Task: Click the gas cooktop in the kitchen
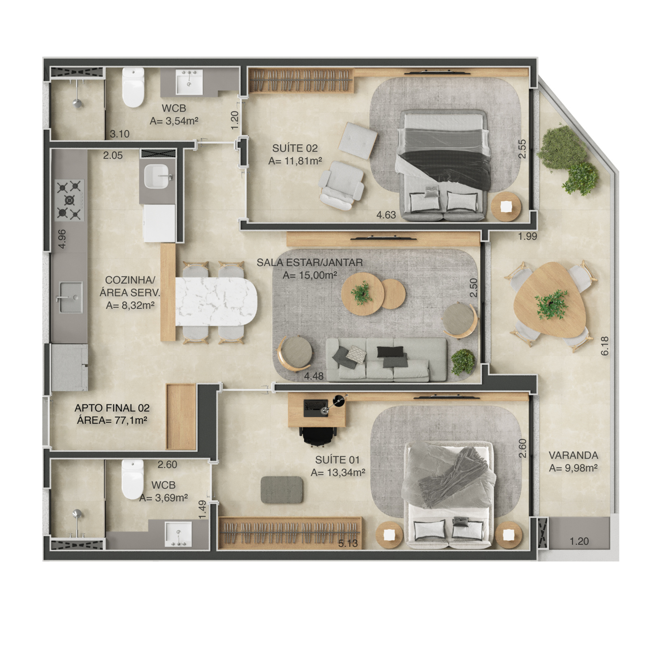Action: click(70, 200)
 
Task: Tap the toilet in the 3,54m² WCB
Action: click(133, 87)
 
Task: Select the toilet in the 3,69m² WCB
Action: click(133, 479)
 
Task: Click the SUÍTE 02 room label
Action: click(295, 148)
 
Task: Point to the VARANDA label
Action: click(573, 455)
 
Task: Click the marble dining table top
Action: click(216, 302)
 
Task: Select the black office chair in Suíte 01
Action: click(319, 436)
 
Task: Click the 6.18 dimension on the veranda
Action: click(605, 346)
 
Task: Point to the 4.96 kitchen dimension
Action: click(62, 239)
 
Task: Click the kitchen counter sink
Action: click(69, 297)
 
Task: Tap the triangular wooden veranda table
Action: click(550, 300)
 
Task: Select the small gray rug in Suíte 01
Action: click(282, 490)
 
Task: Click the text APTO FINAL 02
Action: click(112, 408)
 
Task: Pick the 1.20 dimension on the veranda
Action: click(579, 541)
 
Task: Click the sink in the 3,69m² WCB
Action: click(178, 534)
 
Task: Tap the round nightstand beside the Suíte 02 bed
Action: click(506, 207)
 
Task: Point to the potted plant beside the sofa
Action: click(463, 361)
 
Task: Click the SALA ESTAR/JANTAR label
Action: click(310, 263)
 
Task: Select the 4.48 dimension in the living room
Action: click(314, 376)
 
